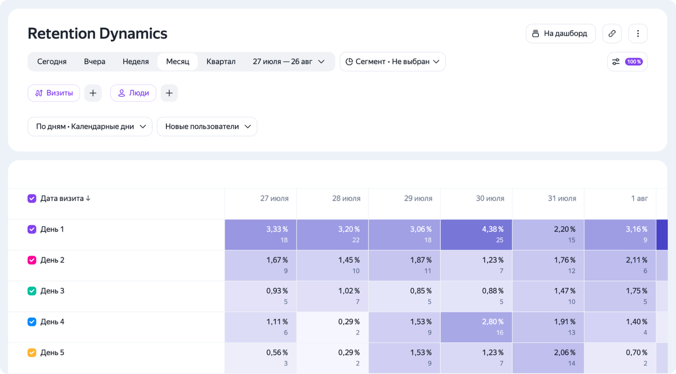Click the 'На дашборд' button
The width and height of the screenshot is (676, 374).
coord(560,33)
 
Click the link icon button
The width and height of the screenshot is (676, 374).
coord(612,33)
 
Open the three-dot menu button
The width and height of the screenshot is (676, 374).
coord(638,33)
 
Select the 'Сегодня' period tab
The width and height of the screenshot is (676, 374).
coord(52,62)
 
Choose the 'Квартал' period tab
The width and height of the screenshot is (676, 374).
coord(221,62)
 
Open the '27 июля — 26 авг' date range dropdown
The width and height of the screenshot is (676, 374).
coord(288,62)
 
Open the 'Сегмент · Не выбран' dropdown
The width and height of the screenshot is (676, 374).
coord(392,62)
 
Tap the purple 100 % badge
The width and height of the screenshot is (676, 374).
coord(634,62)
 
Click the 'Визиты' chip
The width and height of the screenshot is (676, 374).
coord(54,93)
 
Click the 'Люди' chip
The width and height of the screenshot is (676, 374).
coord(133,93)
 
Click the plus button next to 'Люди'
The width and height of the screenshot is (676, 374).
coord(169,93)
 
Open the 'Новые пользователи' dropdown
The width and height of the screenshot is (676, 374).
coord(207,126)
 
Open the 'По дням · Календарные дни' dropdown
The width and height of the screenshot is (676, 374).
coord(90,126)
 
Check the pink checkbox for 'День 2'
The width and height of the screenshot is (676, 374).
coord(32,260)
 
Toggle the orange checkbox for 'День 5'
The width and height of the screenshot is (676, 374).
coord(32,352)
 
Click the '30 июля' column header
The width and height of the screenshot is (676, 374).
coord(490,198)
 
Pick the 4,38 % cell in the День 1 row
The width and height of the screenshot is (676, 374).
coord(476,235)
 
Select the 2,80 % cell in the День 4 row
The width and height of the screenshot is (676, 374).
coord(476,327)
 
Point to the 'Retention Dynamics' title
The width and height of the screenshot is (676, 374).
coord(97,33)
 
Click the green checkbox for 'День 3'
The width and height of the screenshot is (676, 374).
coord(32,291)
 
